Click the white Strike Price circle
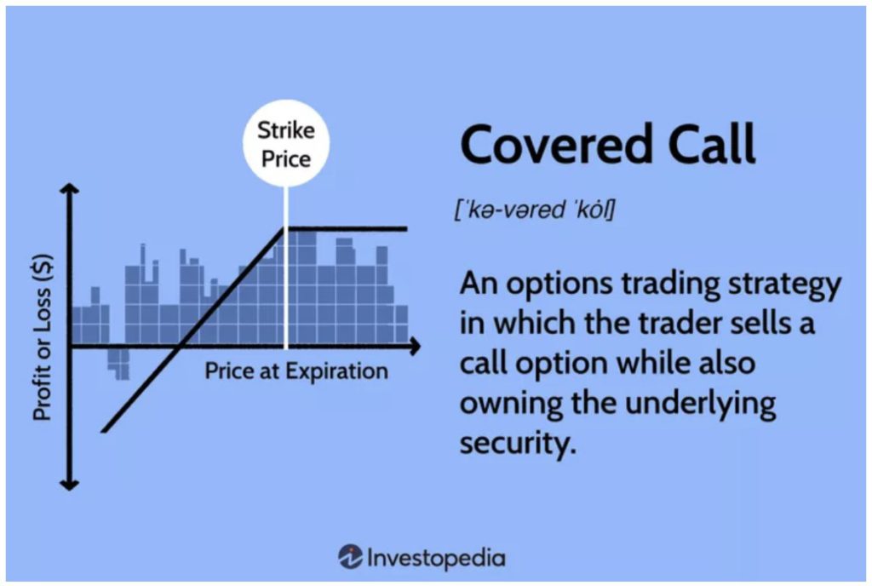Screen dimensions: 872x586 pos(286,143)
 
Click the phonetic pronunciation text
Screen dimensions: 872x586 pos(535,210)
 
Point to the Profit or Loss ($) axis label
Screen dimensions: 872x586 pos(43,337)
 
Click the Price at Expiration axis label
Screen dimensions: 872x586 pos(296,371)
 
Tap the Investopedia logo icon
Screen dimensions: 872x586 pos(350,556)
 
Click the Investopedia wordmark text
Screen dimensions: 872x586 pos(437,558)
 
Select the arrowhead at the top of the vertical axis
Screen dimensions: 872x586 pos(69,188)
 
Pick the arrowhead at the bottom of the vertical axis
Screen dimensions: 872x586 pos(69,485)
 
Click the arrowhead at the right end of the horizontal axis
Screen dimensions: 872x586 pos(415,347)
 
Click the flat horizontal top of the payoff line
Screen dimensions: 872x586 pos(346,228)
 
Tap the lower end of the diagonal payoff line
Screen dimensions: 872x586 pos(103,430)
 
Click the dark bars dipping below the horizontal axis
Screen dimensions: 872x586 pos(118,365)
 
